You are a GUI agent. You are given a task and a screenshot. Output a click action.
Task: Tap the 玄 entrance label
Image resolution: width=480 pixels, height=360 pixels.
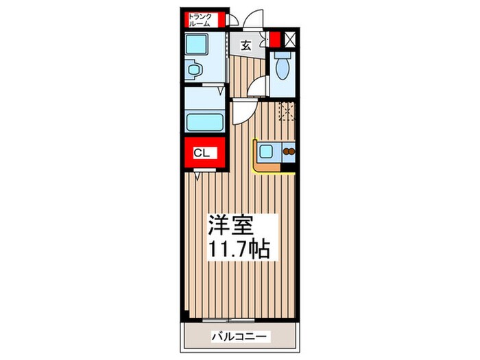pyautogui.click(x=246, y=45)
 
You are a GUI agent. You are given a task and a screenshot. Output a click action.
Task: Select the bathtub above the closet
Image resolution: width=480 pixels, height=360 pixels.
pyautogui.click(x=206, y=122)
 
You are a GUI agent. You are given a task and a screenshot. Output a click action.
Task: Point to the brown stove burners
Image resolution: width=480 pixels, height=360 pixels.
pyautogui.click(x=289, y=152)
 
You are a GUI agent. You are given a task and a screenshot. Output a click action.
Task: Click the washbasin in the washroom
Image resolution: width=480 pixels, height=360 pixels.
pyautogui.click(x=195, y=69)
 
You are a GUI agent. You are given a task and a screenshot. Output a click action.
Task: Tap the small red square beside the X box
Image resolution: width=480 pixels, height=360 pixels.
pyautogui.click(x=276, y=39)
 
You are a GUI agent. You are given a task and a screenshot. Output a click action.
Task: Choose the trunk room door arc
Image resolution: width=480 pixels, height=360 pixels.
pyautogui.click(x=234, y=21)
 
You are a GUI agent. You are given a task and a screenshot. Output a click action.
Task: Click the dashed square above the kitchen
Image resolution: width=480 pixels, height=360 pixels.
pyautogui.click(x=287, y=111)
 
